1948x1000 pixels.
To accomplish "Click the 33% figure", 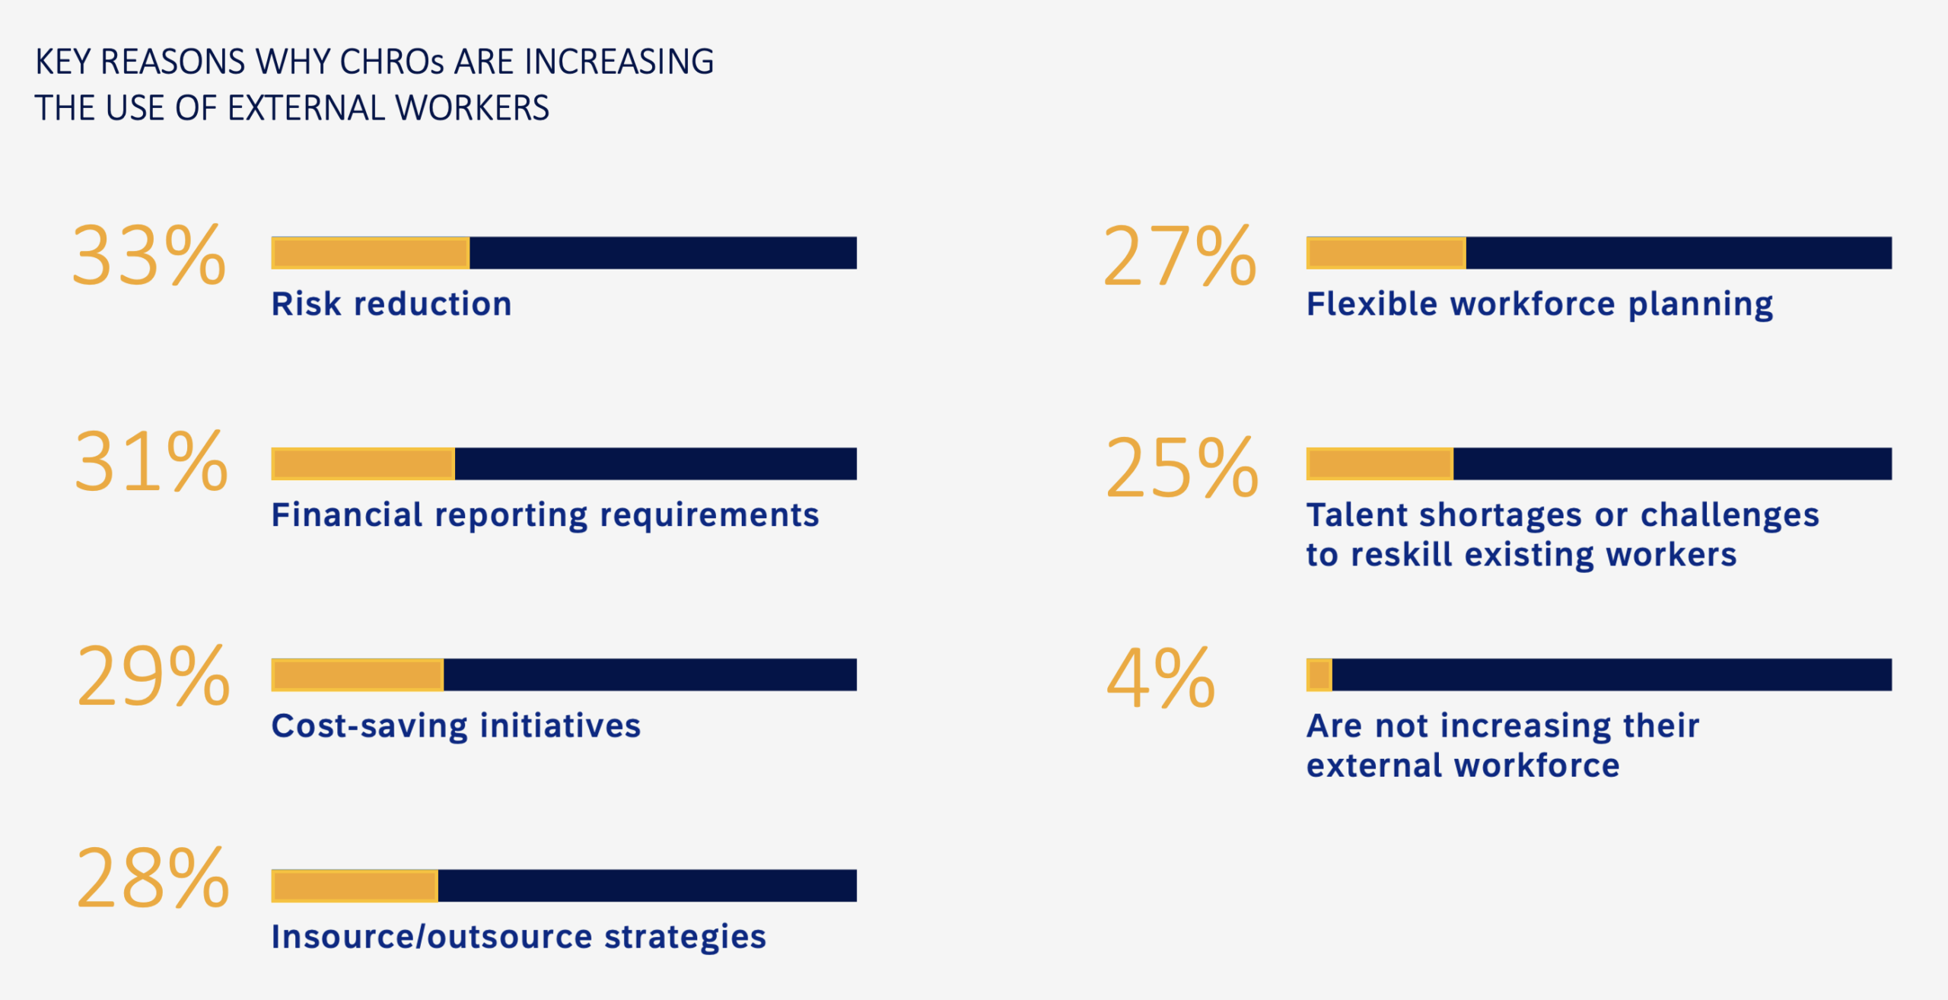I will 149,256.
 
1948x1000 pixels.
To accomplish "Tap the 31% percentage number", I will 151,463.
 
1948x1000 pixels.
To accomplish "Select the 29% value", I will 153,676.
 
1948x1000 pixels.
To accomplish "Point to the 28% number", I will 152,879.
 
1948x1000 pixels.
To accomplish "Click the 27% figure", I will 1179,256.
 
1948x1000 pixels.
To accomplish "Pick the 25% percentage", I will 1182,467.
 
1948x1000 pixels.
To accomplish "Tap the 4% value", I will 1160,678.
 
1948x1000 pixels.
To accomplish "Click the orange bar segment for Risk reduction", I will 371,253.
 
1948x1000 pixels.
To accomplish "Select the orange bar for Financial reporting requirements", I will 363,463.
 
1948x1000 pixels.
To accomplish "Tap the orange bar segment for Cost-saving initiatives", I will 358,674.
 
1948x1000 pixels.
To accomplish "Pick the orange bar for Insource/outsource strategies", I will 355,886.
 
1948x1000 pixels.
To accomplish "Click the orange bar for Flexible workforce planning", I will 1386,253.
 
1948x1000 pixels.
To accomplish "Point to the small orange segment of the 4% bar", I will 1319,674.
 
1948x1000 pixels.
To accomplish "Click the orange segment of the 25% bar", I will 1380,463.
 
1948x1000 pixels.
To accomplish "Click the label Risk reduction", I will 391,304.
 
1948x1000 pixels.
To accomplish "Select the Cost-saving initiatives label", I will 456,725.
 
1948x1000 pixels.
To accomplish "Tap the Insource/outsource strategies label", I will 518,936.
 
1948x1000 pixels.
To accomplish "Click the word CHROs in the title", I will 391,62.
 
